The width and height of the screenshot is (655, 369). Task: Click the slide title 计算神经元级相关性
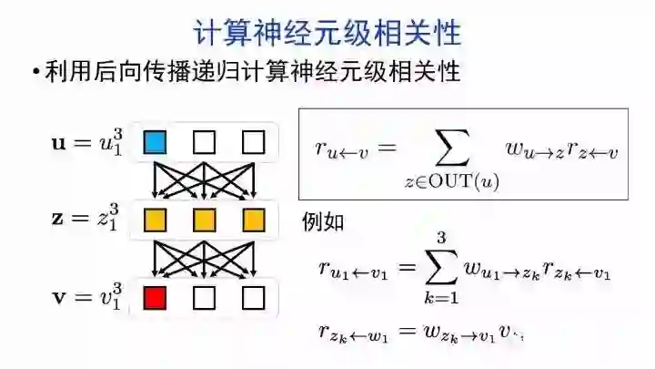coord(327,33)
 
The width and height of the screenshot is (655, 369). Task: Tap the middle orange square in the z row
coord(204,220)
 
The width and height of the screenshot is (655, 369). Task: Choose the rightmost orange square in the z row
coord(253,220)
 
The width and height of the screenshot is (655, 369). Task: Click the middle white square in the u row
coord(204,142)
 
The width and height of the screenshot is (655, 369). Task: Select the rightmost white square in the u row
coord(253,142)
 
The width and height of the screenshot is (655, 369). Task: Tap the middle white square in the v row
coord(204,298)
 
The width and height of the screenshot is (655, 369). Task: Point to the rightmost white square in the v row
coord(253,298)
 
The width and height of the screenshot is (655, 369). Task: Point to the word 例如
coord(323,222)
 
